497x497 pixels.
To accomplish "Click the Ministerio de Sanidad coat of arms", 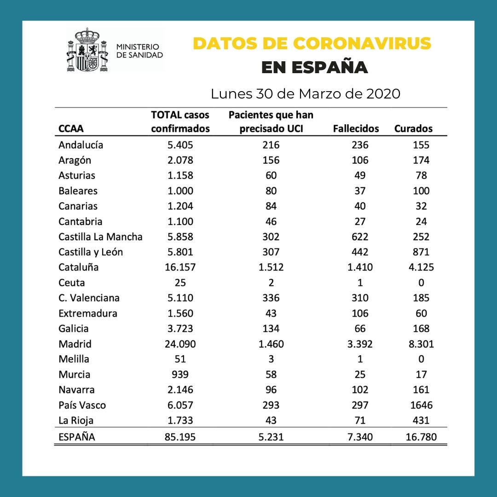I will (87, 50).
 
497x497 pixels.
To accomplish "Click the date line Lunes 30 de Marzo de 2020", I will (305, 93).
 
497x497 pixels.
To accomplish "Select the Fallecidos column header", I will (356, 128).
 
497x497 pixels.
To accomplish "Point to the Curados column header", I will (413, 128).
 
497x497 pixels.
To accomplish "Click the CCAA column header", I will (71, 129).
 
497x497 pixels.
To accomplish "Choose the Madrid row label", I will (75, 344).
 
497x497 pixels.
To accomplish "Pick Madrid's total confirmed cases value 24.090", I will (180, 344).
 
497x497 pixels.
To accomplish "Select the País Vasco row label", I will (82, 405).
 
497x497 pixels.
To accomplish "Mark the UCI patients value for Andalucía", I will (271, 145).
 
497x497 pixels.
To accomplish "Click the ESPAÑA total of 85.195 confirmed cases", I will (180, 437).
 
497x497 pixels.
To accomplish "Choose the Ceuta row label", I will (71, 283).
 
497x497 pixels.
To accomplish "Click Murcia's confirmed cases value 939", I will (180, 375).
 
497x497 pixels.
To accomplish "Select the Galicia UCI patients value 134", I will (271, 329).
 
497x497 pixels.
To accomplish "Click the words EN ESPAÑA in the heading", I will (314, 67).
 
